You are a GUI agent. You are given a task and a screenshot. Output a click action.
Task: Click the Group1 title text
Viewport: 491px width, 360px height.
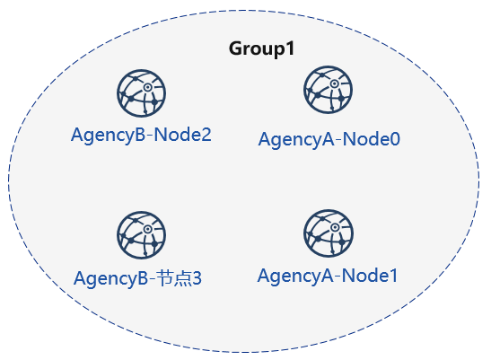(x=261, y=48)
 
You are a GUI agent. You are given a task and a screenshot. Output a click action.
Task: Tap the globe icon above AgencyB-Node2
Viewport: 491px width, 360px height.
(x=141, y=93)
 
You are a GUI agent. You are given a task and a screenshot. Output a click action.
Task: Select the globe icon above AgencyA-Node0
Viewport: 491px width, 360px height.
(x=328, y=90)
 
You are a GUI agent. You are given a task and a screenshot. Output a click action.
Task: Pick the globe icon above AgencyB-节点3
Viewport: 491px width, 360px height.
(x=141, y=235)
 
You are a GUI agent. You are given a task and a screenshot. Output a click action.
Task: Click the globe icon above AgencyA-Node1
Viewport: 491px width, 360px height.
(x=329, y=233)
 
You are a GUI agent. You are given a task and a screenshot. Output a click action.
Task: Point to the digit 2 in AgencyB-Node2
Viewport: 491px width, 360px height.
(x=205, y=135)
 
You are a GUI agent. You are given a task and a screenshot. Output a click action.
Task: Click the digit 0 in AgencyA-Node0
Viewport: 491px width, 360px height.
(x=394, y=139)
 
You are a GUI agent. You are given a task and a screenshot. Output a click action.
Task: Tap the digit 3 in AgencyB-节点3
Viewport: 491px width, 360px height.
(x=197, y=278)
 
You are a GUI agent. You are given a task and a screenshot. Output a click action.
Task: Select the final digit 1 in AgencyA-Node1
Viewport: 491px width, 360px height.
(x=392, y=276)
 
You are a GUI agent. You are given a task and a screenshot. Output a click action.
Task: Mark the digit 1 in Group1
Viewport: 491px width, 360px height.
(x=290, y=48)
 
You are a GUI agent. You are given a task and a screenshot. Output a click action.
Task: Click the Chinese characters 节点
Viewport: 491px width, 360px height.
(x=173, y=278)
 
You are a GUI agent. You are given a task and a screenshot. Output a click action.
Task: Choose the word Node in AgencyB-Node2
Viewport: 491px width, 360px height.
(x=177, y=135)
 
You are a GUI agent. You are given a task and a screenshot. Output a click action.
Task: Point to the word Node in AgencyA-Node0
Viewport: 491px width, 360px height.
(x=365, y=139)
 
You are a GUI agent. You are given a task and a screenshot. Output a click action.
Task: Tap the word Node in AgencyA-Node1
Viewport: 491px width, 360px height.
(x=364, y=276)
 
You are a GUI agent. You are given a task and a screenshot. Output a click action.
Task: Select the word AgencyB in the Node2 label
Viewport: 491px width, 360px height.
(x=109, y=136)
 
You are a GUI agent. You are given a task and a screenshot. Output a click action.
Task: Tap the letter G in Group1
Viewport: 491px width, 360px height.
(x=236, y=48)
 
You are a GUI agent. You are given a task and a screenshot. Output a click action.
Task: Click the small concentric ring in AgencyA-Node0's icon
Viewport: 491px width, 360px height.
(x=334, y=83)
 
